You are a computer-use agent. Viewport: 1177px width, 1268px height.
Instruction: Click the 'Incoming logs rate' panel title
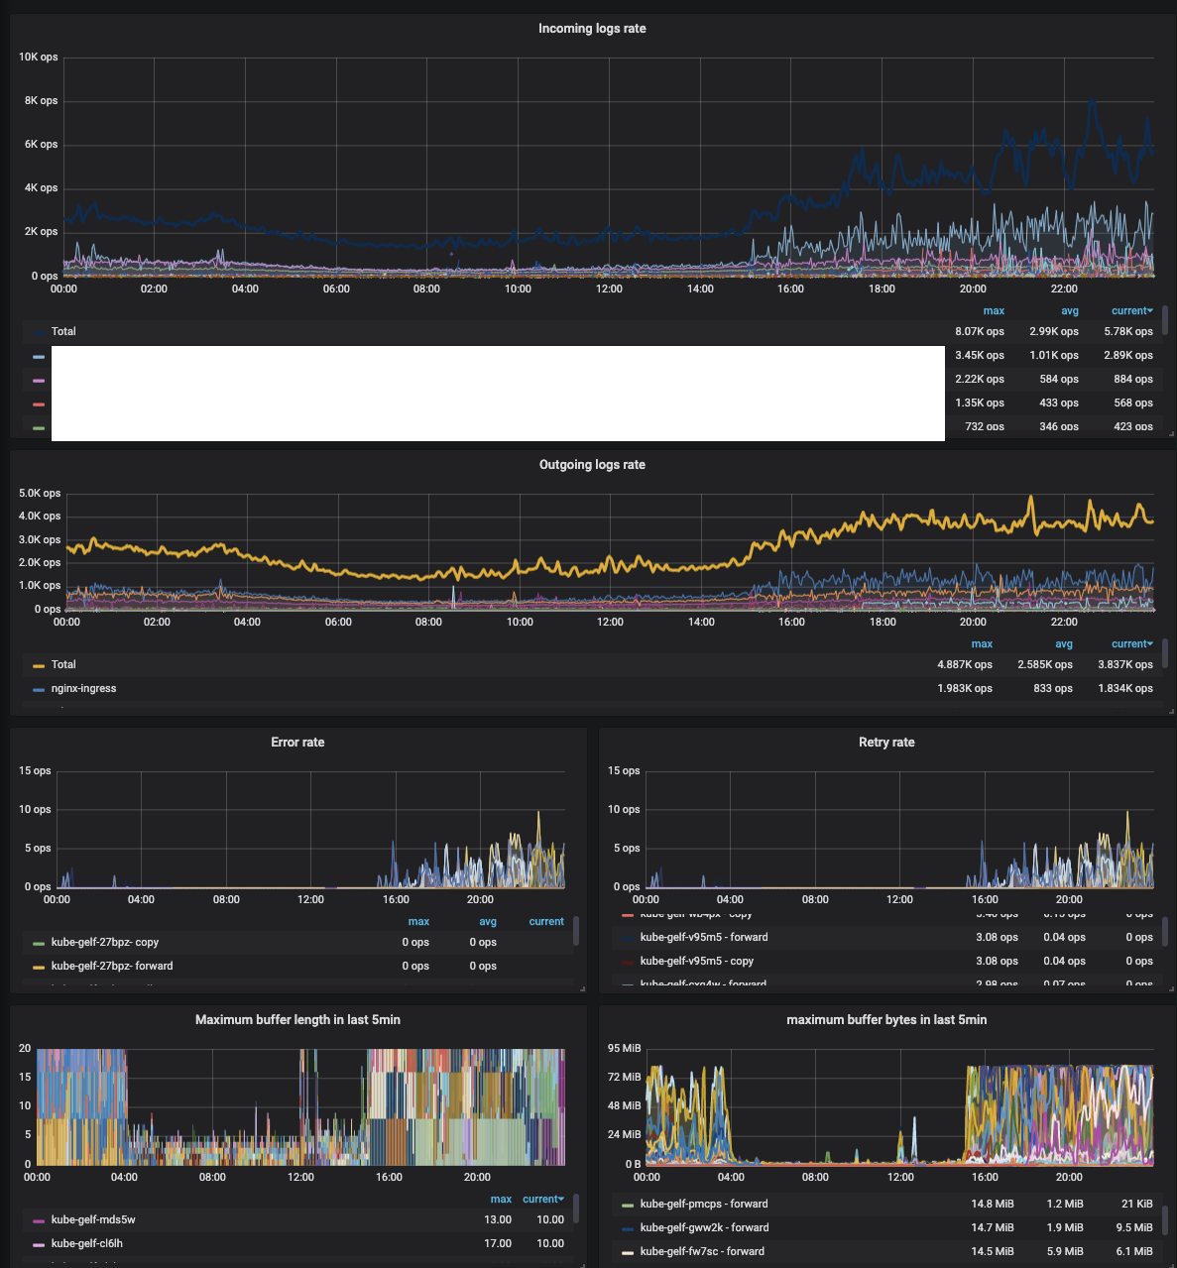click(x=592, y=29)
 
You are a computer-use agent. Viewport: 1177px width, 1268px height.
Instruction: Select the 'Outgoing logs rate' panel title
click(x=592, y=465)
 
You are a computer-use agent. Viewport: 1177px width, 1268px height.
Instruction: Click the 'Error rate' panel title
click(x=297, y=743)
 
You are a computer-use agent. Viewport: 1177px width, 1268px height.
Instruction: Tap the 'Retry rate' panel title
click(x=886, y=743)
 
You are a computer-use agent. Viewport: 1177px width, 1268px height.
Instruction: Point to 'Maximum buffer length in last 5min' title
click(x=297, y=1020)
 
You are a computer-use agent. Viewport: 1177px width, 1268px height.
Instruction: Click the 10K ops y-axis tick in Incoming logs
click(x=39, y=58)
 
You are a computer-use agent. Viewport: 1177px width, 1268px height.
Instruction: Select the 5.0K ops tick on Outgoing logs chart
click(x=40, y=494)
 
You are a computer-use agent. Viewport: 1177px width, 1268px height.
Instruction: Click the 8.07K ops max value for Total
click(x=979, y=332)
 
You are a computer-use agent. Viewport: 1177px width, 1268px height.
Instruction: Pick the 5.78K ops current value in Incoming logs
click(x=1127, y=332)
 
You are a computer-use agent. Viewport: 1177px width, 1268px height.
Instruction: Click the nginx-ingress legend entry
click(x=83, y=689)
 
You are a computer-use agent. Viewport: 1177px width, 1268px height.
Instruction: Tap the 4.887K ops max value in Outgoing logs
click(x=964, y=665)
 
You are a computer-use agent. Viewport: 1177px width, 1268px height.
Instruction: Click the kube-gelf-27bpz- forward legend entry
click(x=112, y=967)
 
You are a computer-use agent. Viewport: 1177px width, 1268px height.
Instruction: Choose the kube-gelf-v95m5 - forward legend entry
click(x=704, y=938)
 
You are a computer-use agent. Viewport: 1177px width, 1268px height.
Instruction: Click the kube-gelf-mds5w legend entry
click(x=93, y=1220)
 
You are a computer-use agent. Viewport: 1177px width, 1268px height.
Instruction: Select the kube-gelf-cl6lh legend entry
click(x=87, y=1244)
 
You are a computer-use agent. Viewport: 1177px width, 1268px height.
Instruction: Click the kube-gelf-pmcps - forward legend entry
click(x=704, y=1205)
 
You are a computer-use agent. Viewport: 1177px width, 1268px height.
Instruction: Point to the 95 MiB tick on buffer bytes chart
click(x=625, y=1049)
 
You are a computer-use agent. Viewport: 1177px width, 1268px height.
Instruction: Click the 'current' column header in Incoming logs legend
click(x=1130, y=311)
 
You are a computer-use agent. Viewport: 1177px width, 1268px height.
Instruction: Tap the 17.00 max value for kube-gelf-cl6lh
click(x=498, y=1244)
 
